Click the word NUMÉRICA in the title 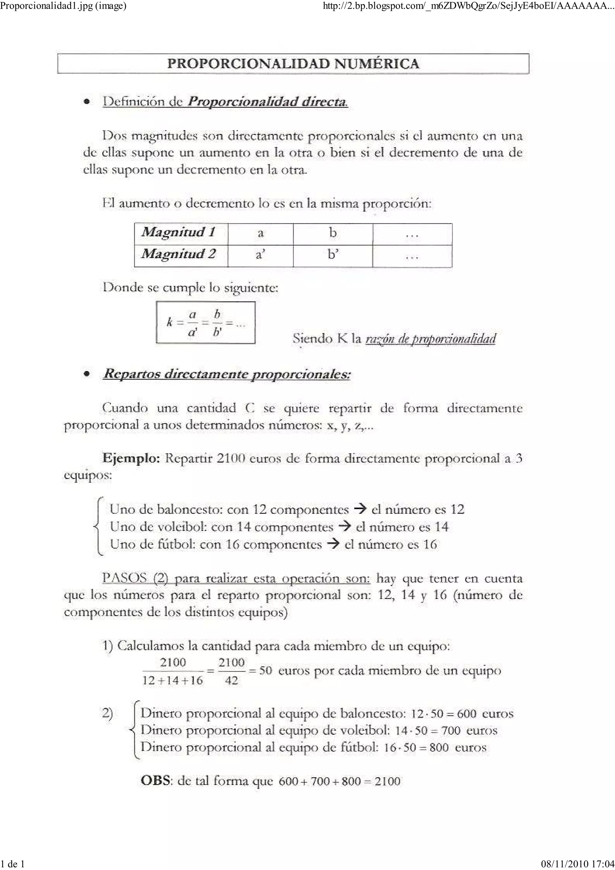[x=377, y=64]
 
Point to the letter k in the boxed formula [x=170, y=323]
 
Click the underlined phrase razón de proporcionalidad [x=430, y=338]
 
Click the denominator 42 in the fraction [x=232, y=681]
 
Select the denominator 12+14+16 [x=173, y=681]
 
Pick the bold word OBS [x=155, y=781]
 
